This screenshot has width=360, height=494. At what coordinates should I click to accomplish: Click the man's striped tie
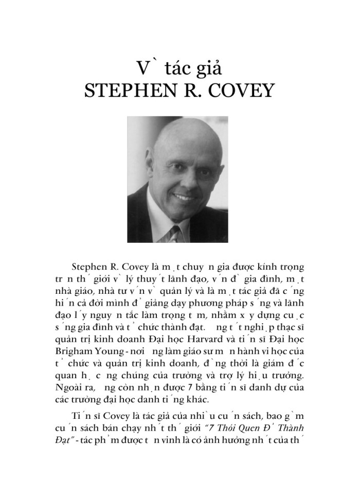click(x=175, y=231)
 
